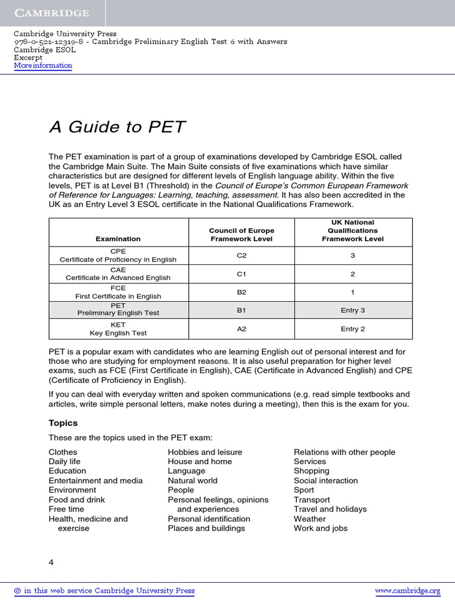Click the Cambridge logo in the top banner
click(52, 13)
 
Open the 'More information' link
click(43, 66)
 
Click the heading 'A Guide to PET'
click(117, 127)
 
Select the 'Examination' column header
click(118, 239)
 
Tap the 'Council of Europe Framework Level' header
click(242, 235)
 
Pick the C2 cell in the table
click(242, 255)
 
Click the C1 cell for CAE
click(242, 273)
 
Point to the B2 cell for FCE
click(242, 292)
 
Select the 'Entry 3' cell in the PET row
click(353, 310)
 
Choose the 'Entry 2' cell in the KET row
click(353, 329)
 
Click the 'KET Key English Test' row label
click(118, 329)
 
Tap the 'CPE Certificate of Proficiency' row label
click(118, 255)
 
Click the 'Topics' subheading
click(63, 423)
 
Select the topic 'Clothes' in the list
click(63, 452)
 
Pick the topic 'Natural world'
click(193, 481)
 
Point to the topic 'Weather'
click(310, 519)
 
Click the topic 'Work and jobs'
click(321, 528)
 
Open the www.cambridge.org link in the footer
click(408, 591)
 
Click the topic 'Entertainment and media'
click(95, 481)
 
